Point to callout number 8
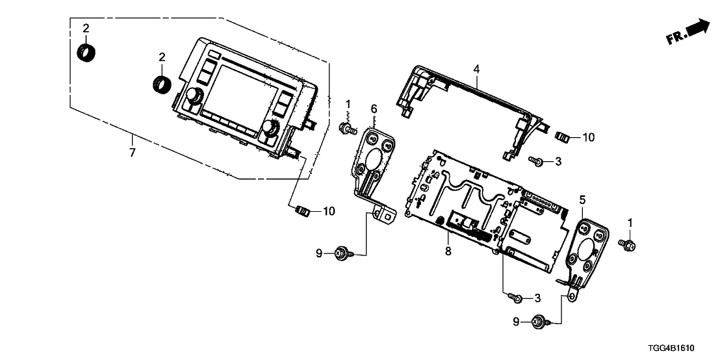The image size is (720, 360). pyautogui.click(x=446, y=250)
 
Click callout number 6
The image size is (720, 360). pyautogui.click(x=374, y=107)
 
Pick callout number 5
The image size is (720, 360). pyautogui.click(x=582, y=201)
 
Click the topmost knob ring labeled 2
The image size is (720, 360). pyautogui.click(x=85, y=51)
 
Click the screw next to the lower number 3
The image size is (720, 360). pyautogui.click(x=515, y=298)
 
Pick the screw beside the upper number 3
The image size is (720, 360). pyautogui.click(x=536, y=160)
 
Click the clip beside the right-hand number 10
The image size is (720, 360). pyautogui.click(x=564, y=137)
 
